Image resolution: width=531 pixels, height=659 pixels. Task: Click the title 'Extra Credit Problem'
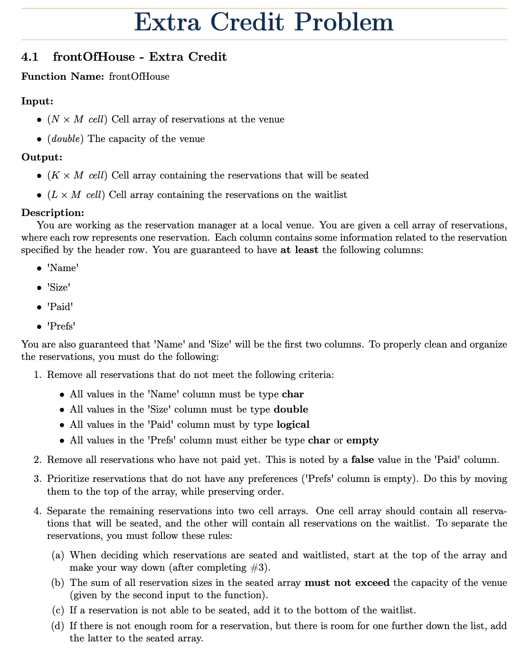(264, 23)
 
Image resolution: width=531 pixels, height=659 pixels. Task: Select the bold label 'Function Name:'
(62, 76)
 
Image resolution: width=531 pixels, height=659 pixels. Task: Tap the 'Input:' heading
(37, 101)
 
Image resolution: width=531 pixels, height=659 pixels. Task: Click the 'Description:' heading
(53, 212)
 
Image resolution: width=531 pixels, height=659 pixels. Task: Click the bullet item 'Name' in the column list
(63, 268)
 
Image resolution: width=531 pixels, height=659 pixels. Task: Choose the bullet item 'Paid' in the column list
(61, 307)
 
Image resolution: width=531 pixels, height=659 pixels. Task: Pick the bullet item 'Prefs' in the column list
(62, 326)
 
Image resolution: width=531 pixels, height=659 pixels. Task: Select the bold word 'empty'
(362, 440)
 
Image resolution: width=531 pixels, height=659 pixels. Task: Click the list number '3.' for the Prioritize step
(38, 479)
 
